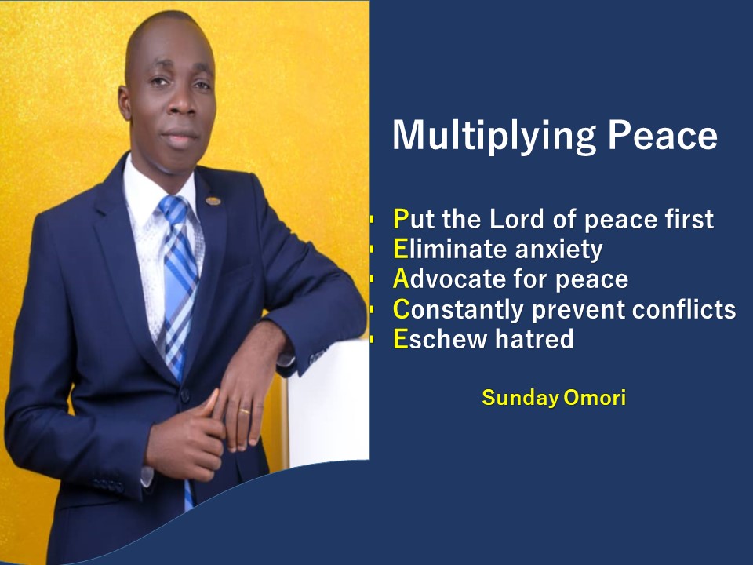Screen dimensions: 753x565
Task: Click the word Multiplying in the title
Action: pyautogui.click(x=494, y=136)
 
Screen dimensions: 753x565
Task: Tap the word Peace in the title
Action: pyautogui.click(x=663, y=134)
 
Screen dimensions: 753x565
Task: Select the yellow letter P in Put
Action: pyautogui.click(x=401, y=219)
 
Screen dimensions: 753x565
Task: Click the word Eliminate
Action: pyautogui.click(x=450, y=249)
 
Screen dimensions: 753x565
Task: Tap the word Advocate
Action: pyautogui.click(x=449, y=279)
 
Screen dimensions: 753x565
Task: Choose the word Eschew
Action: pyautogui.click(x=440, y=339)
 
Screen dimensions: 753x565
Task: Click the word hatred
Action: pyautogui.click(x=534, y=339)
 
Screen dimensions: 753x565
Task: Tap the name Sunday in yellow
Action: pyautogui.click(x=520, y=399)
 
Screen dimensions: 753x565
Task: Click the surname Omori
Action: pyautogui.click(x=595, y=398)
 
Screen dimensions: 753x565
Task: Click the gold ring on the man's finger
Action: pyautogui.click(x=245, y=411)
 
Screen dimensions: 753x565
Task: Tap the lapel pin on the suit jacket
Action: pyautogui.click(x=213, y=201)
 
